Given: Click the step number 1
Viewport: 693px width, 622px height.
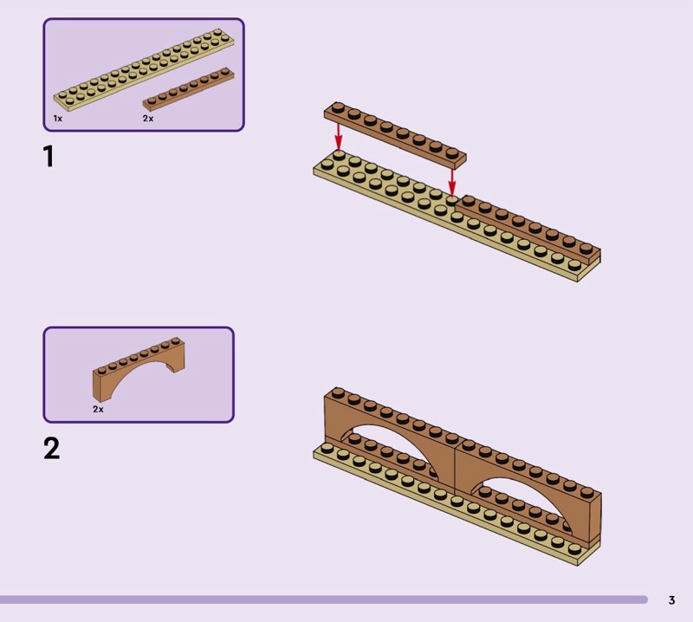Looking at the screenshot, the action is coord(49,156).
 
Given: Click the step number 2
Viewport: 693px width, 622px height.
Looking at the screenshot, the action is coord(52,448).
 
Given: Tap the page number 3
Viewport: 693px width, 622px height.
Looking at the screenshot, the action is coord(672,599).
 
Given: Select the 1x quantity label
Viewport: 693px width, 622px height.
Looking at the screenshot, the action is coord(57,118).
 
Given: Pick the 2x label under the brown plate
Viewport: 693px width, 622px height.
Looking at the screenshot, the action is coord(148,118).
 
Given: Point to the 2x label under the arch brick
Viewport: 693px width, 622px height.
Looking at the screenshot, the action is coord(98,410).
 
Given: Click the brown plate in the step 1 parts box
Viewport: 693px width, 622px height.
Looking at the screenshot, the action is coord(188,89).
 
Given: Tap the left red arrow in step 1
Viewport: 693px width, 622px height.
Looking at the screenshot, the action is coord(338,137).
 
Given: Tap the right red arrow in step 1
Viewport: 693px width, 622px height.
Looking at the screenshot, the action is coord(451,182).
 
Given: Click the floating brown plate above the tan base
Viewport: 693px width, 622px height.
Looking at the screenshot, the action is coord(395,135).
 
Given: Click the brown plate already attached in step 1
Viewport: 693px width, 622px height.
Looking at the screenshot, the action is coord(528,229).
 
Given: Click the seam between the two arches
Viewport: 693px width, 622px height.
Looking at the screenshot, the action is coord(456,470).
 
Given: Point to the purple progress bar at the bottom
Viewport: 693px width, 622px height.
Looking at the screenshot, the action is coord(323,599).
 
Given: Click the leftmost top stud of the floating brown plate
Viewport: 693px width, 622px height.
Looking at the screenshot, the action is coord(339,107).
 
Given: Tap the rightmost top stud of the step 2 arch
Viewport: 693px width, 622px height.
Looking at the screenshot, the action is coord(586,492).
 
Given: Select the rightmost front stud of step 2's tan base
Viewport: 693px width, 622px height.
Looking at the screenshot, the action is coord(574,549).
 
